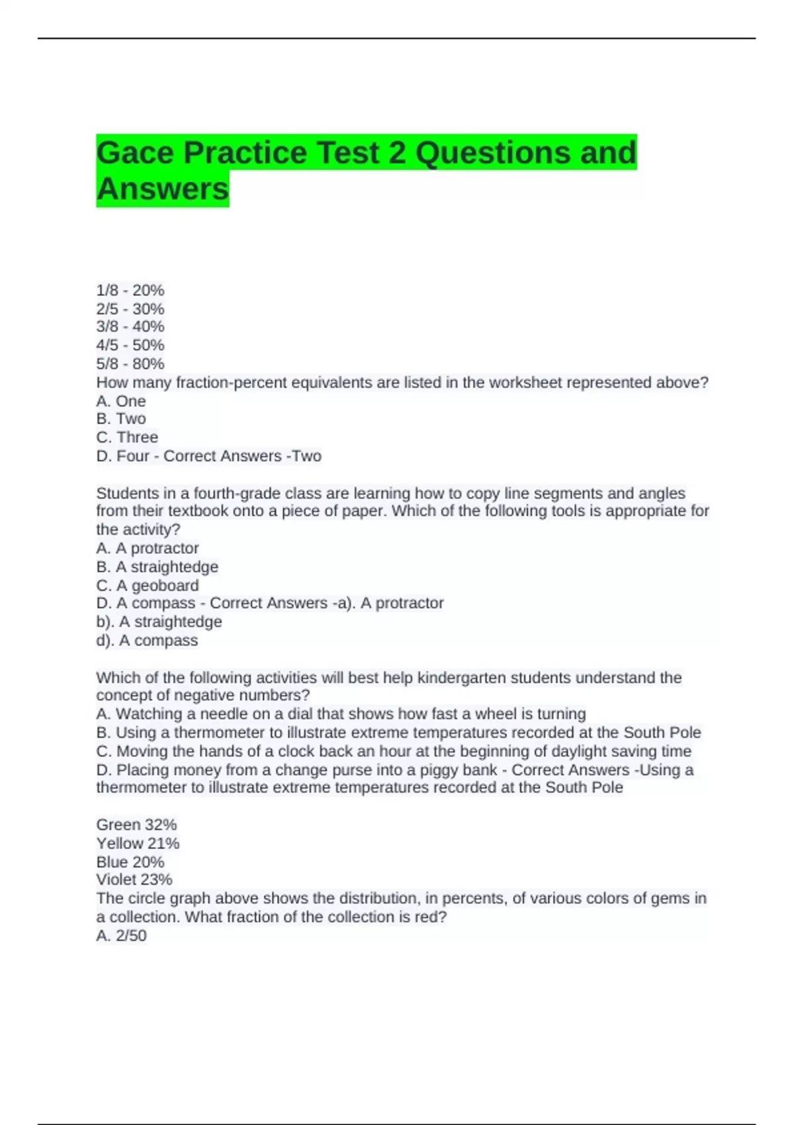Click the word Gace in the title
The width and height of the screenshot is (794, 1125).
point(136,154)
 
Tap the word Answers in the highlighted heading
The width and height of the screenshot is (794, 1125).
point(163,189)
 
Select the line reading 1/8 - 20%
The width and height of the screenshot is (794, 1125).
point(130,291)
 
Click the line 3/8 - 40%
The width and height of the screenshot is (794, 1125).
point(130,327)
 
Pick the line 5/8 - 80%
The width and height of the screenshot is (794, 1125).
point(130,364)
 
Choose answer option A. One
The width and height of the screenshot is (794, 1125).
point(121,401)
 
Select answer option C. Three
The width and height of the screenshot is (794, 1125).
point(127,437)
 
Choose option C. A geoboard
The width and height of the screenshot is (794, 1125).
point(148,586)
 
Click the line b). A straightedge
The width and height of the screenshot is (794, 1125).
point(159,622)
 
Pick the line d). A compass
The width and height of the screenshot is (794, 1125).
point(147,641)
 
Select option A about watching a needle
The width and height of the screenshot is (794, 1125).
point(341,714)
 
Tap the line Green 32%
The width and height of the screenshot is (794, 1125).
point(136,825)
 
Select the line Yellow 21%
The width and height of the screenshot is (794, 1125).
point(138,844)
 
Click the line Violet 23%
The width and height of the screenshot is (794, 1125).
point(134,880)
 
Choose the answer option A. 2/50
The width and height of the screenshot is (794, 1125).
point(122,936)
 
